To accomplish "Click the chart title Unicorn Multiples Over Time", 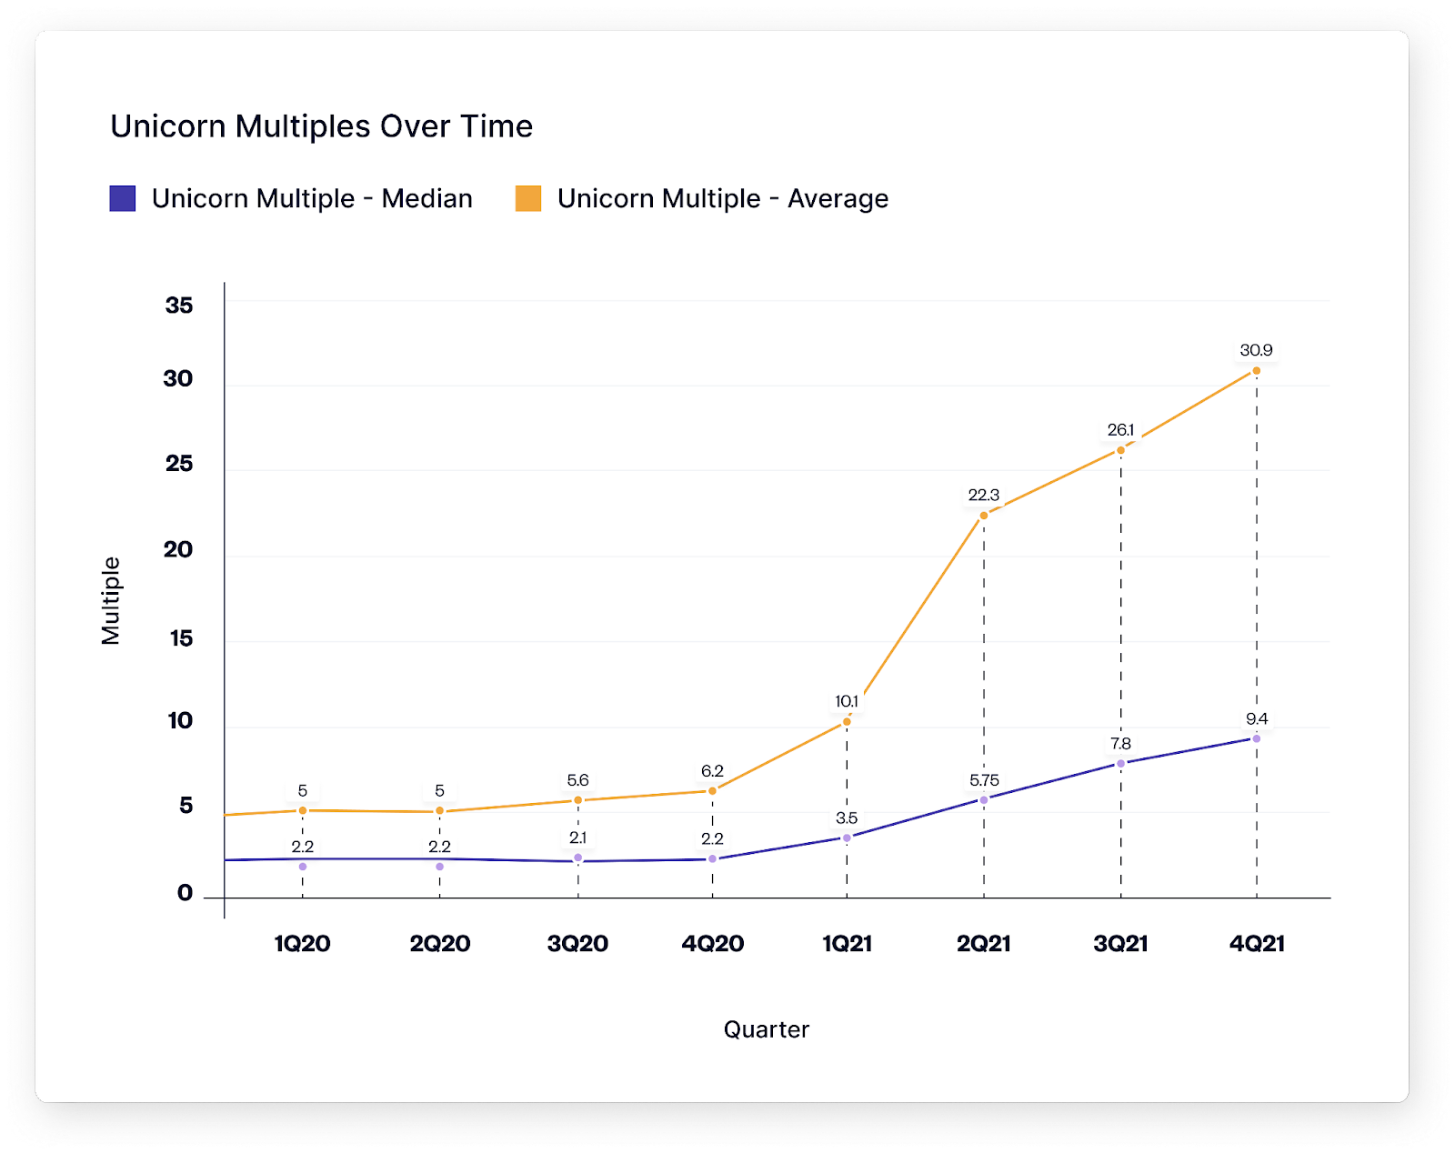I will pyautogui.click(x=321, y=126).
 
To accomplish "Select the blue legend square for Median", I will pyautogui.click(x=123, y=198).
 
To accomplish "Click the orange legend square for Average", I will pyautogui.click(x=528, y=198).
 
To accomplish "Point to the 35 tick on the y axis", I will pyautogui.click(x=179, y=306).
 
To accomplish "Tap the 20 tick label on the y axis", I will pyautogui.click(x=178, y=549).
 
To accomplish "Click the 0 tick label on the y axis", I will pyautogui.click(x=185, y=893).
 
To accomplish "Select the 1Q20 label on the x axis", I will pyautogui.click(x=302, y=944).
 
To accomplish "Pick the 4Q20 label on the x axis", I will pyautogui.click(x=713, y=944).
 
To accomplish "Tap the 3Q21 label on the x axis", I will pyautogui.click(x=1120, y=944).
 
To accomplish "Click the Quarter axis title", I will pyautogui.click(x=766, y=1029).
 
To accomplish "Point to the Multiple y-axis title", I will pyautogui.click(x=111, y=600).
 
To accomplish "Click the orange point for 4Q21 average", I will pyautogui.click(x=1256, y=371).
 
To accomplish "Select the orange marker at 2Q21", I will pyautogui.click(x=983, y=516).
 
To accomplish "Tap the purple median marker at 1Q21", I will pyautogui.click(x=847, y=838).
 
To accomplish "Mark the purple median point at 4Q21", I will pyautogui.click(x=1256, y=738).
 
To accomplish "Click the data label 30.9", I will pyautogui.click(x=1256, y=350).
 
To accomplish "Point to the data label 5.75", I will pyautogui.click(x=983, y=780).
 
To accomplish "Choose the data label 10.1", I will pyautogui.click(x=847, y=701).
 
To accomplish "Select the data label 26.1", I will pyautogui.click(x=1120, y=429).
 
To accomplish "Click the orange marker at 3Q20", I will pyautogui.click(x=577, y=800).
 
